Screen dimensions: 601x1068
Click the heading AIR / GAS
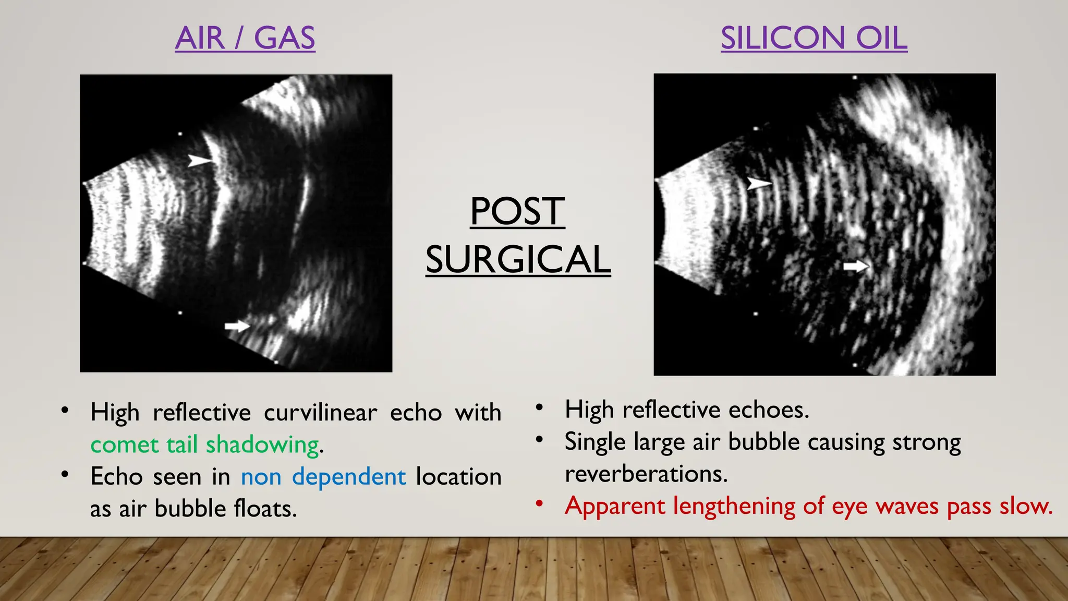click(x=245, y=38)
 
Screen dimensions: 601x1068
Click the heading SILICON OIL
click(x=814, y=38)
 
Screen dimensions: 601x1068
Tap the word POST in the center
click(x=517, y=211)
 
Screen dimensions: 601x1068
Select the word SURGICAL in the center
click(x=518, y=259)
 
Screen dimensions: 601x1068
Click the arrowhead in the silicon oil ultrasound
click(x=759, y=183)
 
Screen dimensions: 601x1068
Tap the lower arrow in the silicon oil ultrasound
click(x=856, y=267)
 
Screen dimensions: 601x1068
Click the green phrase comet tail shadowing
click(x=205, y=444)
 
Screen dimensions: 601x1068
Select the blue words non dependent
click(x=323, y=476)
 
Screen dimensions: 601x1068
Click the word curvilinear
click(x=320, y=413)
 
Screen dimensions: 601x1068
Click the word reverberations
click(x=646, y=474)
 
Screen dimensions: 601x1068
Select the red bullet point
click(x=540, y=503)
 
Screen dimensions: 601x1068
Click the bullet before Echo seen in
click(x=65, y=474)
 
